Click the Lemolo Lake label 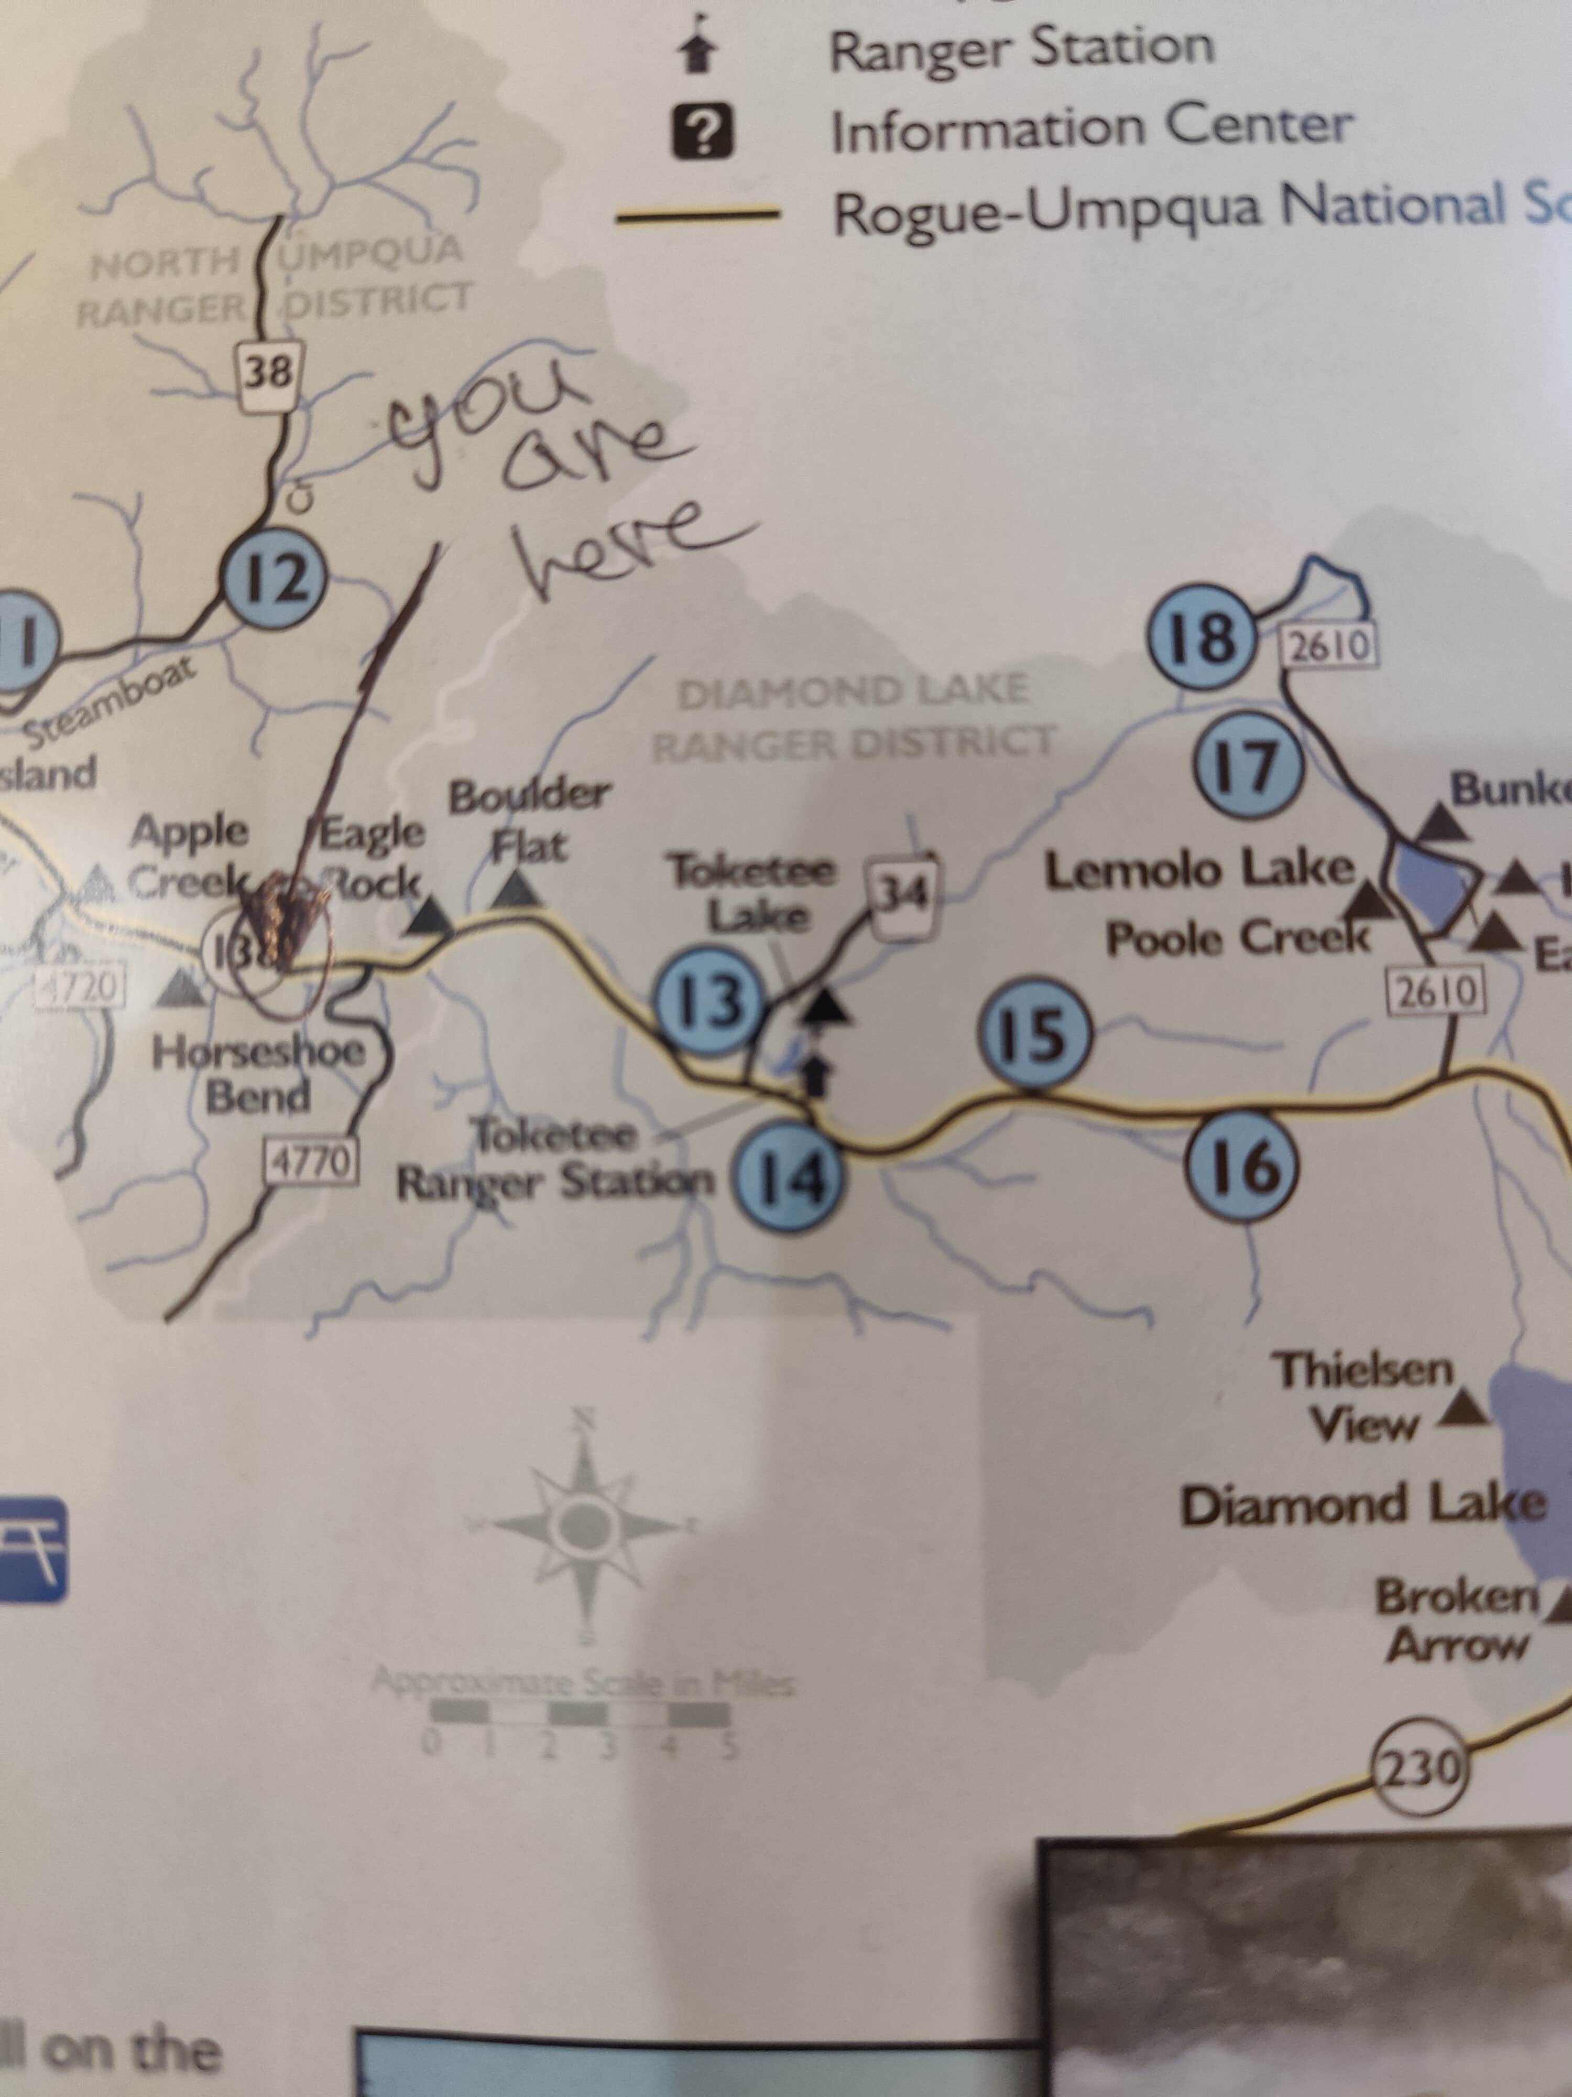click(1199, 870)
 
